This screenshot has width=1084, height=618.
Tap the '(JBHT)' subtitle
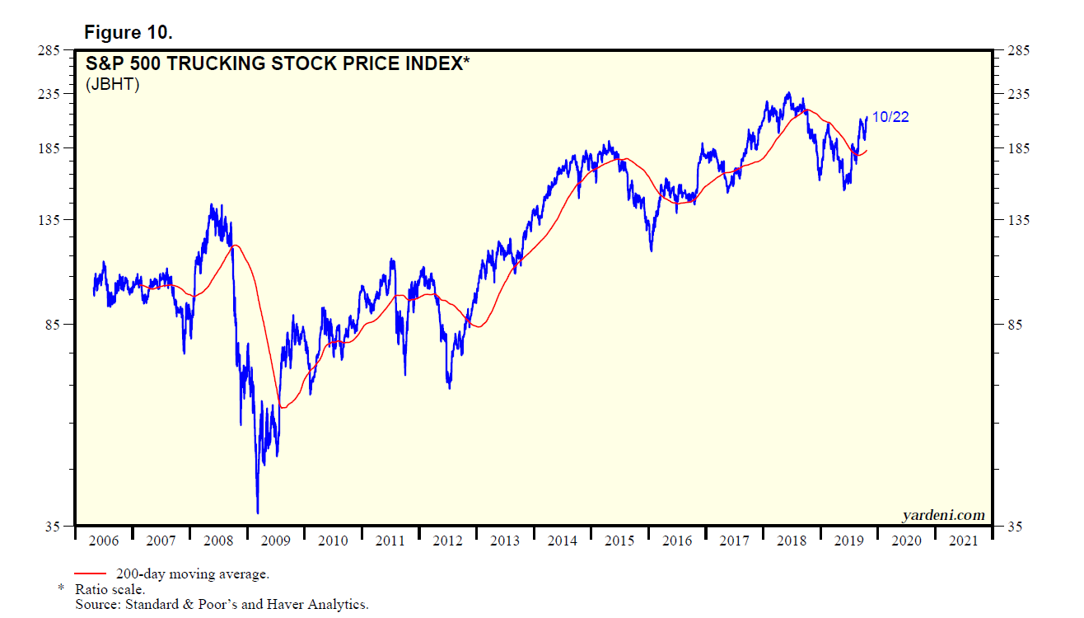click(113, 84)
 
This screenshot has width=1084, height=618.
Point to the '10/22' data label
click(890, 117)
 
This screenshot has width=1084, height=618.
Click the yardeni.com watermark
click(943, 515)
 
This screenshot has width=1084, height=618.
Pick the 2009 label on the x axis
click(276, 541)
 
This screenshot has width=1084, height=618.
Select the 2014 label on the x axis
click(563, 541)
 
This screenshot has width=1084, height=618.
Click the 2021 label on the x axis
click(964, 541)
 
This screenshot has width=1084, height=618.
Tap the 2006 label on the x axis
click(104, 541)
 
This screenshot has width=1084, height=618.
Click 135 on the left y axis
click(52, 220)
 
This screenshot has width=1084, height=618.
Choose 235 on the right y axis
click(1012, 94)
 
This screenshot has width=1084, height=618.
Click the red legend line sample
click(90, 574)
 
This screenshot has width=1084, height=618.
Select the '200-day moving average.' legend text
click(192, 574)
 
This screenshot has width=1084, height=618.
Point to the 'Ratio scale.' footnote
click(110, 589)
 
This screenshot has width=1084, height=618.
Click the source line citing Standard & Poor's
click(221, 604)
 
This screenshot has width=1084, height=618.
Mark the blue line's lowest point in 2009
click(258, 513)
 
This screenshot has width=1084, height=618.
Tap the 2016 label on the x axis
click(677, 541)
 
